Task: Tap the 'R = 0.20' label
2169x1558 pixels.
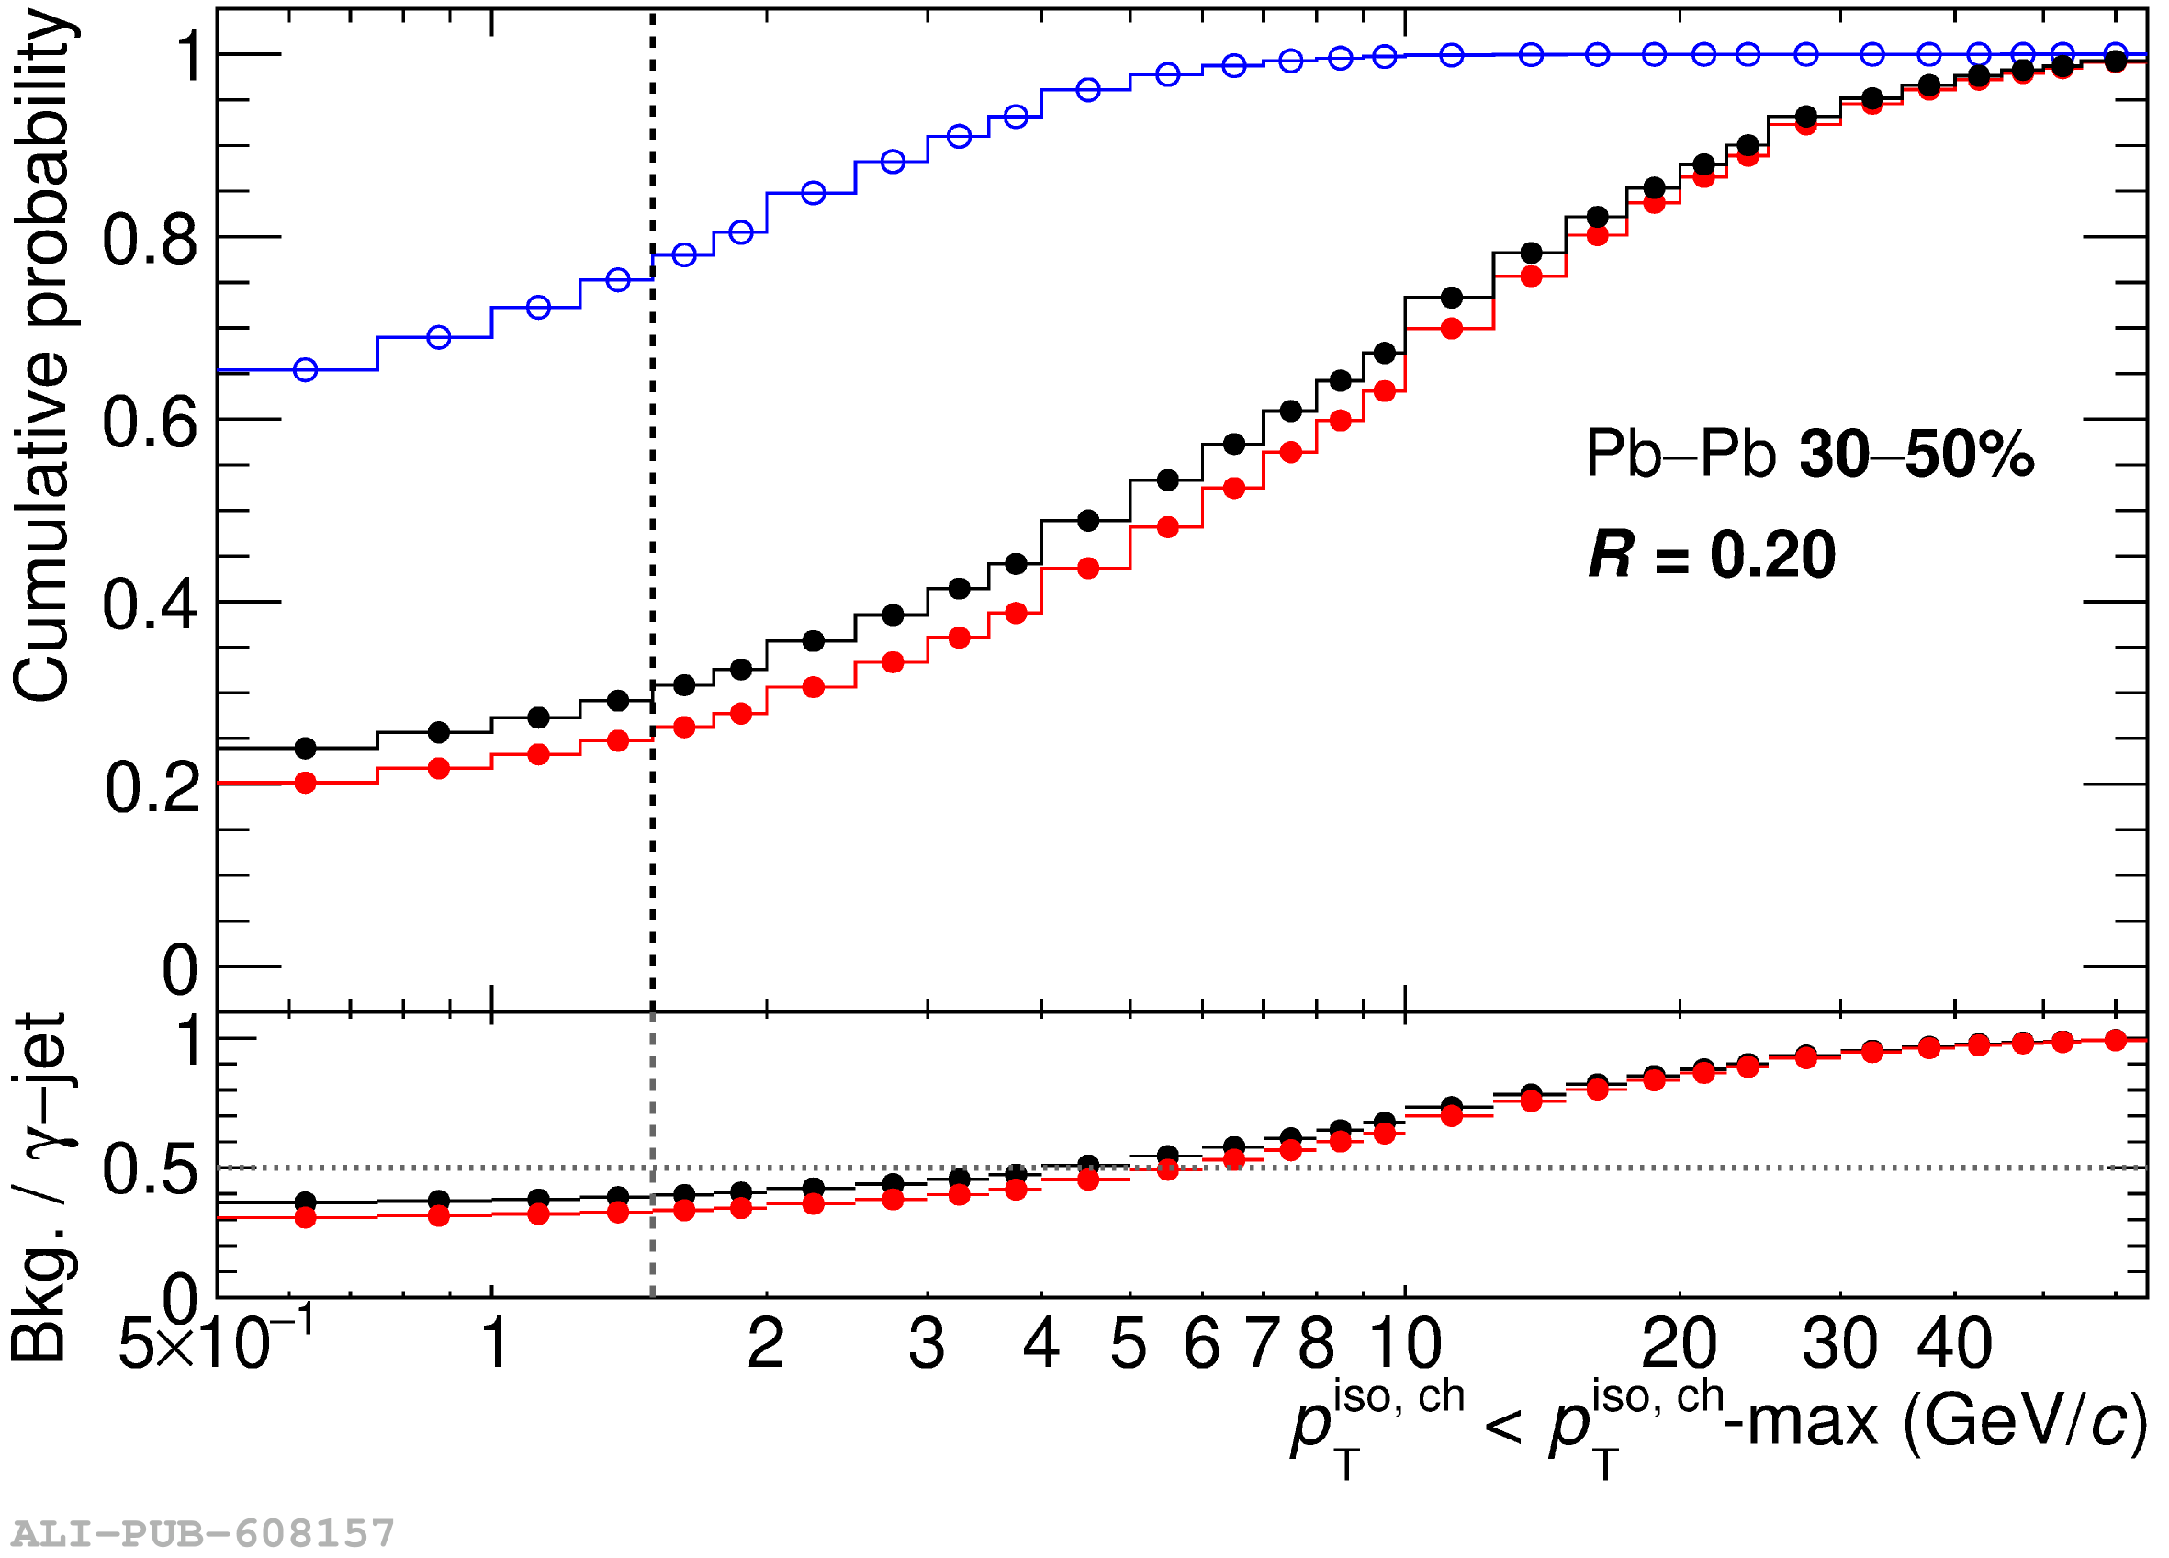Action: click(1711, 555)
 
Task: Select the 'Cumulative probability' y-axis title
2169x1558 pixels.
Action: click(43, 354)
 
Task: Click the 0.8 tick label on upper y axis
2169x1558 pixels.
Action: click(151, 239)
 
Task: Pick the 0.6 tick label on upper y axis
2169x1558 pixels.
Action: click(151, 422)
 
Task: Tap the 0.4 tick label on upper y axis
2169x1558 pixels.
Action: click(151, 604)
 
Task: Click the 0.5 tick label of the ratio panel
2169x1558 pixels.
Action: click(151, 1168)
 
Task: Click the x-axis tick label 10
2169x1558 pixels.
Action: click(1405, 1343)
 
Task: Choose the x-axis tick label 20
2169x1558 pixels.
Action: click(1679, 1343)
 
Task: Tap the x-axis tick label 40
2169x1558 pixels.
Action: click(1954, 1343)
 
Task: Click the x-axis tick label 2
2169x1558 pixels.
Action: click(766, 1343)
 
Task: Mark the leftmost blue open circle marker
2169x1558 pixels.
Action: click(305, 370)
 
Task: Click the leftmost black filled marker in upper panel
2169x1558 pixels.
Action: click(305, 748)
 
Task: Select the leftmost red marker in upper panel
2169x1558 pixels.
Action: click(305, 784)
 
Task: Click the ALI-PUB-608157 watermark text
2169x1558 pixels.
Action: click(203, 1533)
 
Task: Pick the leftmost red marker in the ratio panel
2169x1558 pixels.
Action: click(305, 1217)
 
